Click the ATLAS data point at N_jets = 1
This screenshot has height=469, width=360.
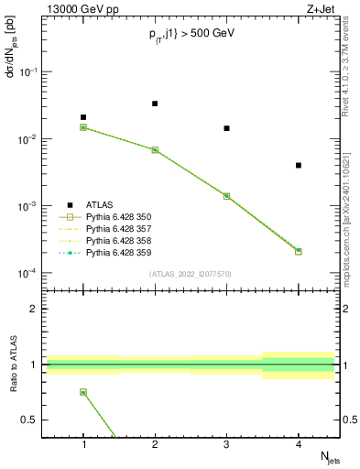tap(83, 117)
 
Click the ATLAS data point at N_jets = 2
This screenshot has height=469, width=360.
tap(155, 104)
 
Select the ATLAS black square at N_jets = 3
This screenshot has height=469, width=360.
tap(226, 128)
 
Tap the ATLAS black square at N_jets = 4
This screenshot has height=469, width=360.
tap(299, 165)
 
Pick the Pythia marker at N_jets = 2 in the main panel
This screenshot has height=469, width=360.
tap(155, 149)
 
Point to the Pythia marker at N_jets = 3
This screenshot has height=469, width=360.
tap(226, 196)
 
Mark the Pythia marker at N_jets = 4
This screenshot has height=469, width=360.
tap(299, 251)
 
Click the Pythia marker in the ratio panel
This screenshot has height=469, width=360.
tap(83, 392)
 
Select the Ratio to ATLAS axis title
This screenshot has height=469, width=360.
tap(13, 365)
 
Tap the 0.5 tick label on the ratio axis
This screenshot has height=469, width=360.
tap(30, 420)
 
